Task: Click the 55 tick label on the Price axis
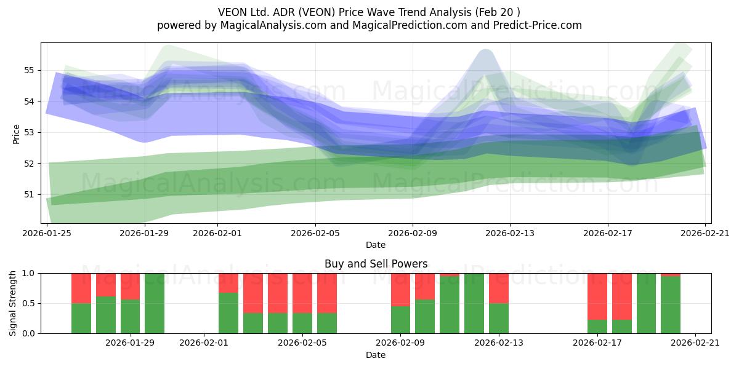coord(28,71)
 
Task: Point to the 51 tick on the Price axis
coord(28,195)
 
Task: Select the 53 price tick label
coord(28,133)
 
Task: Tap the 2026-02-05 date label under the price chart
coord(315,233)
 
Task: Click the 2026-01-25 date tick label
coord(47,233)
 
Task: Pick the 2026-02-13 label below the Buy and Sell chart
coord(498,343)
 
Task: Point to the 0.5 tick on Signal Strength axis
coord(28,303)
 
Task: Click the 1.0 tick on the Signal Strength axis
coord(28,274)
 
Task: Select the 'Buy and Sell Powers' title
coord(376,264)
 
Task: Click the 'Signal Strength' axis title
coord(12,303)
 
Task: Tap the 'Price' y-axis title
coord(16,134)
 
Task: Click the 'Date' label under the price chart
coord(376,245)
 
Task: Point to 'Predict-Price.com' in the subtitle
coord(538,25)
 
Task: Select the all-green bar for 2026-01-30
coord(155,303)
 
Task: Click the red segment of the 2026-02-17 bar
coord(597,296)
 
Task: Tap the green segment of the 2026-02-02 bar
coord(228,313)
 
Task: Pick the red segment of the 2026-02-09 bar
coord(400,290)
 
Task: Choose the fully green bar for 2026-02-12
coord(474,303)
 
